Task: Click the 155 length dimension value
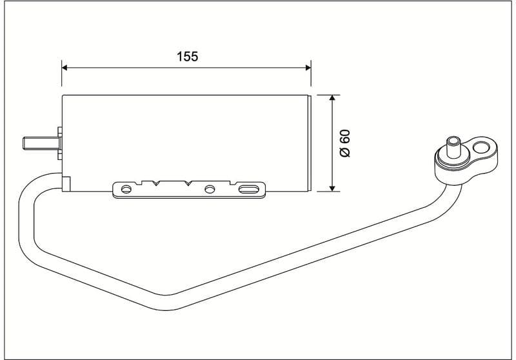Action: click(187, 56)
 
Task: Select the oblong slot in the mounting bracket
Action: click(248, 190)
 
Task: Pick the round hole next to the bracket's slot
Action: click(210, 190)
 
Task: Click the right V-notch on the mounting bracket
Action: click(188, 184)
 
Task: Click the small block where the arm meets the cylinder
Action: click(66, 183)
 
